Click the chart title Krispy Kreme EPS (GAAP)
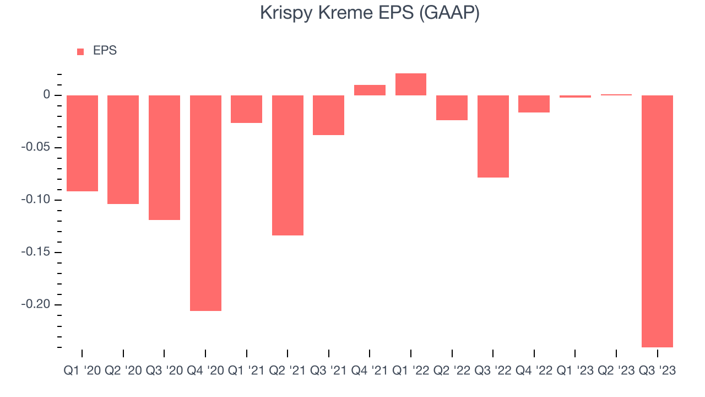click(370, 13)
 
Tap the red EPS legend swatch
click(80, 52)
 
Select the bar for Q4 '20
click(205, 203)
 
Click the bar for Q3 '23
click(657, 221)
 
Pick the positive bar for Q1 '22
click(411, 84)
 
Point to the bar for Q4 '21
click(370, 90)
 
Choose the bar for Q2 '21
click(288, 165)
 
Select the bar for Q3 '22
click(493, 136)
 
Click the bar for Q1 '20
click(82, 143)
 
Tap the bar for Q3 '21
click(328, 115)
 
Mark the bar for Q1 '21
click(246, 109)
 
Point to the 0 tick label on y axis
click(47, 95)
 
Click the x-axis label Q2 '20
click(123, 371)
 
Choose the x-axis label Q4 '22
click(534, 371)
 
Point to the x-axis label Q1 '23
click(575, 371)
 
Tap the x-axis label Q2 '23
click(616, 371)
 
